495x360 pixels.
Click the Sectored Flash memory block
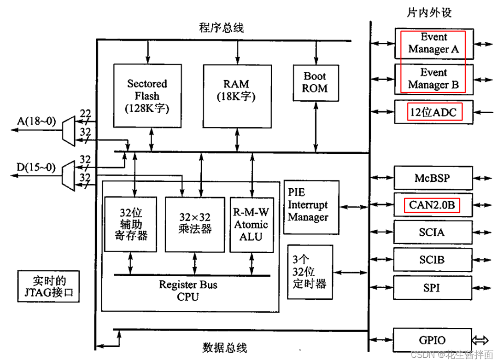pos(147,95)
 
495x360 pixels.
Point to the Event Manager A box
pos(434,43)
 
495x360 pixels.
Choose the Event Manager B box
pos(434,79)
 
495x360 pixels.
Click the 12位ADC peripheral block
pos(434,111)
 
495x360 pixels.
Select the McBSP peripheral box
pos(434,179)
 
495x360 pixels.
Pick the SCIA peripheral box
pos(434,232)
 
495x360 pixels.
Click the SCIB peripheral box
pos(434,259)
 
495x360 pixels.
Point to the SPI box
pos(434,287)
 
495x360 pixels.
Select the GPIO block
pos(434,339)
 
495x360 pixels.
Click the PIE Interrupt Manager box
pos(308,207)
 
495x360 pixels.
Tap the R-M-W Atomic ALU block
pos(250,225)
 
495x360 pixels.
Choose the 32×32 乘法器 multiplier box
pos(195,224)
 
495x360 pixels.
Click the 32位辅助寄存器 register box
pos(131,224)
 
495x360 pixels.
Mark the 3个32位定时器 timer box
pos(310,271)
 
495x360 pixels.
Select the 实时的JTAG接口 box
pos(49,286)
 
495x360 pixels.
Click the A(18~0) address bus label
pos(36,122)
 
